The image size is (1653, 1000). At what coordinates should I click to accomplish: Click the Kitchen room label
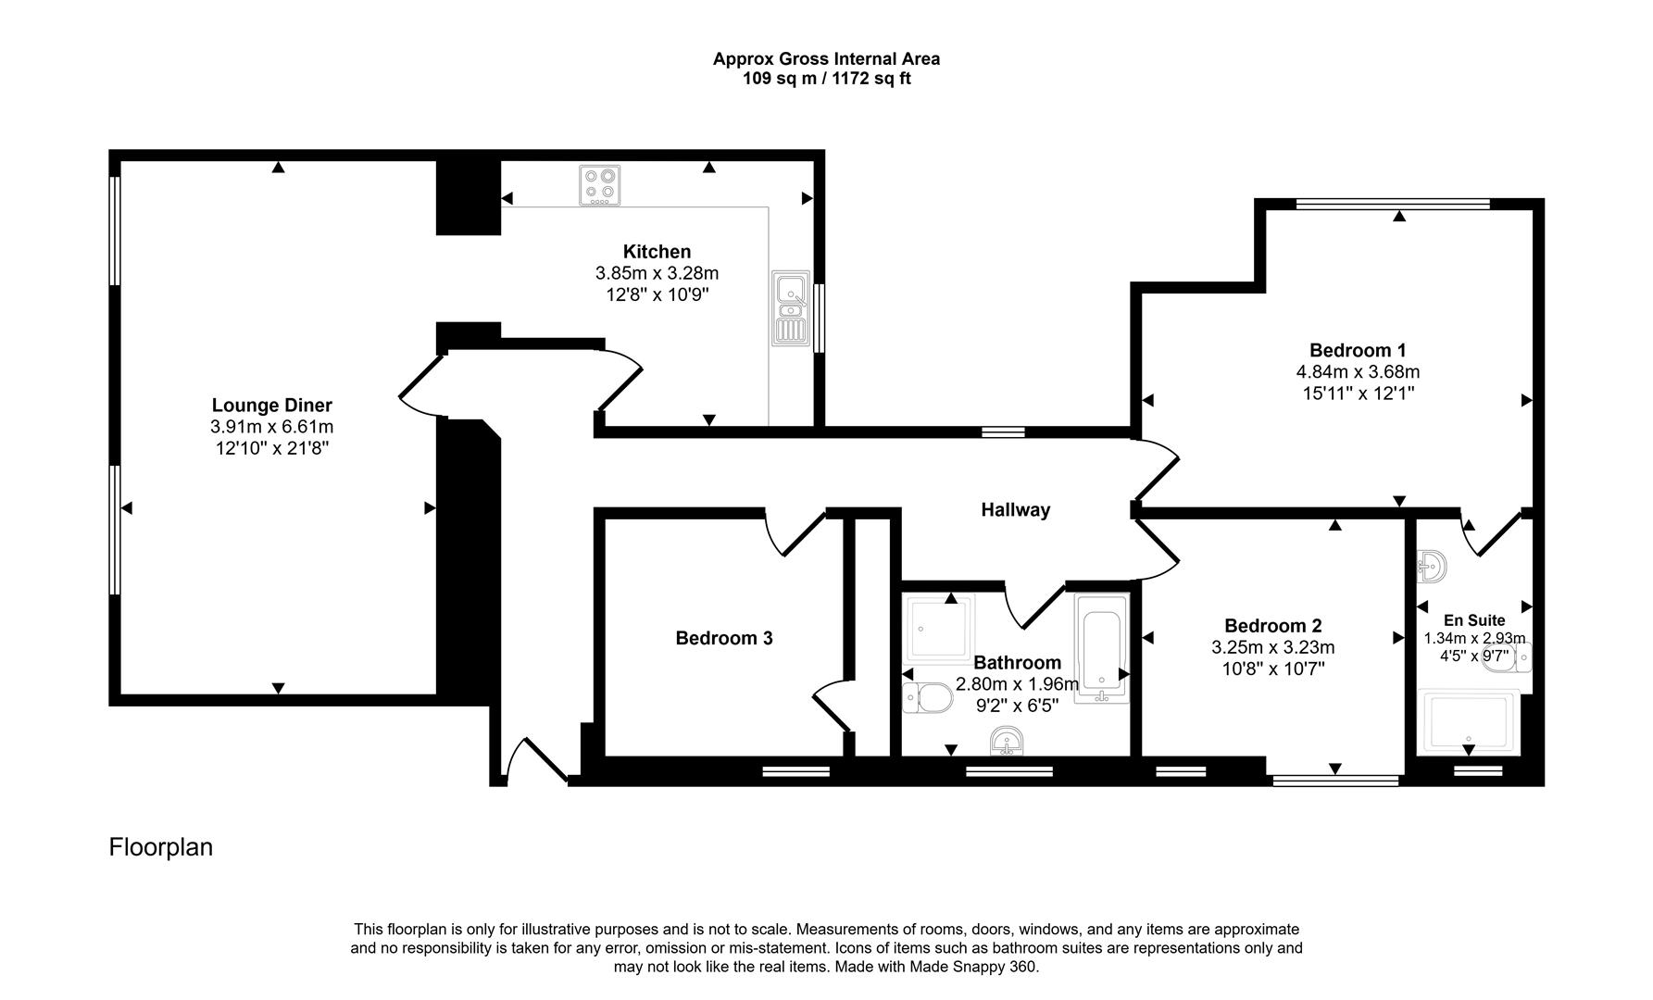(x=657, y=252)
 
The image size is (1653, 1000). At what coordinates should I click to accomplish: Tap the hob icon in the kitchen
(x=600, y=185)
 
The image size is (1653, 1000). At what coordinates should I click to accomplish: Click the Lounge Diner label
(x=271, y=406)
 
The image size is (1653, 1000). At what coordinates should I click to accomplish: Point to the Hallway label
(x=1015, y=509)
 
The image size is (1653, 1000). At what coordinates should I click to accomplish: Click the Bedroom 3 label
(x=723, y=638)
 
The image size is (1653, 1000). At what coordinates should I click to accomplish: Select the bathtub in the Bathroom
(x=1101, y=648)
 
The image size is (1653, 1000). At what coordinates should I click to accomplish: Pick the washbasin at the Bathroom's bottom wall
(x=1007, y=742)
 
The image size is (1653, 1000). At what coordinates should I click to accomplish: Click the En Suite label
(x=1474, y=620)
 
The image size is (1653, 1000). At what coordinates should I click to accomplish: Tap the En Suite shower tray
(x=1468, y=722)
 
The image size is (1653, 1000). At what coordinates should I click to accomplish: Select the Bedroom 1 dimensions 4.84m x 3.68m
(x=1358, y=372)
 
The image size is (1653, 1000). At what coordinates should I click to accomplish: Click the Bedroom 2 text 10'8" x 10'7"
(x=1272, y=669)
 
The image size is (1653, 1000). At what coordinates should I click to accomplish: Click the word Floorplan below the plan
(x=161, y=847)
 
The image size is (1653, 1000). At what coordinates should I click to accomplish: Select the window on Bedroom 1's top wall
(x=1393, y=204)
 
